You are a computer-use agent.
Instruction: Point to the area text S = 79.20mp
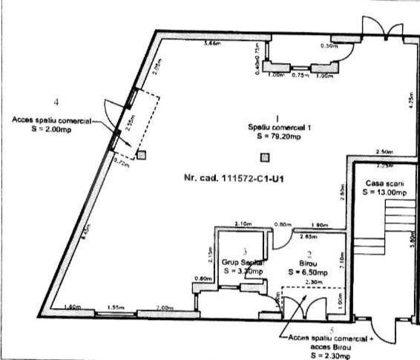(x=278, y=137)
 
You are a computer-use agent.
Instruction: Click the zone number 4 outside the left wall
(x=56, y=100)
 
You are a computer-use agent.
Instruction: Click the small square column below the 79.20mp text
(x=263, y=157)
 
